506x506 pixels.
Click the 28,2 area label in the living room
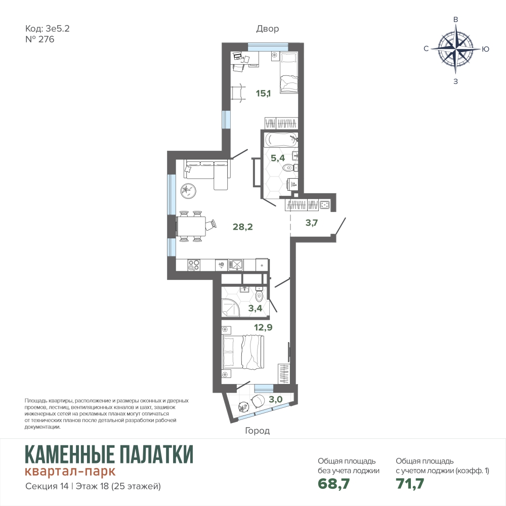pos(243,227)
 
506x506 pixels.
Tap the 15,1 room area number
pos(263,94)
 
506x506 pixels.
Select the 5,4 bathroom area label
pos(277,158)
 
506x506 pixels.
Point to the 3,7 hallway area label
pos(312,223)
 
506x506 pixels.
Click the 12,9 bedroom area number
pos(263,327)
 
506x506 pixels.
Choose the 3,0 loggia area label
pos(276,400)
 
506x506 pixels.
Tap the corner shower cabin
pos(230,308)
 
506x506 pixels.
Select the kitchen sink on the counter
pos(236,265)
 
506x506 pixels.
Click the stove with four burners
pos(194,265)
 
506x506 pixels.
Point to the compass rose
pos(456,49)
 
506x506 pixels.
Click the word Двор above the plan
pos(268,29)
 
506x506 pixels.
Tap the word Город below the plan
pos(257,431)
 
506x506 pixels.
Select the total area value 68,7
pos(333,483)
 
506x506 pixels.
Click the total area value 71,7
pos(410,483)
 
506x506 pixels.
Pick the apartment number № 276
pos(39,39)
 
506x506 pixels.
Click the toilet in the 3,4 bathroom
pos(259,294)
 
